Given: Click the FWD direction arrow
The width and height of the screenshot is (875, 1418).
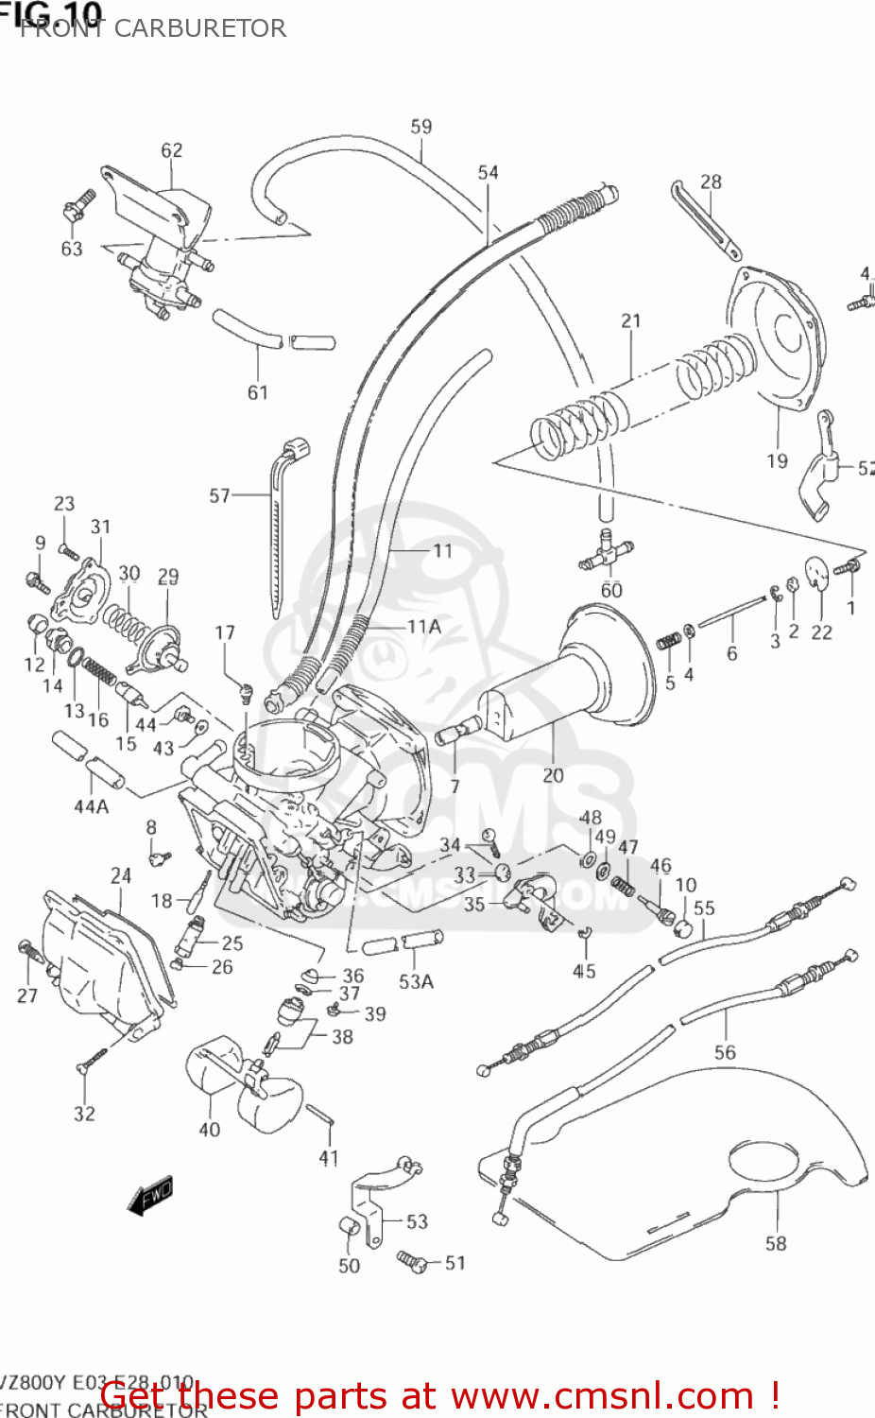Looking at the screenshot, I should [x=150, y=1195].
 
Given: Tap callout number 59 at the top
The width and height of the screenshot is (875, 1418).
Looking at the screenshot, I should [x=421, y=127].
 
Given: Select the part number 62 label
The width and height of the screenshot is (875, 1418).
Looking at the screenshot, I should [x=171, y=150].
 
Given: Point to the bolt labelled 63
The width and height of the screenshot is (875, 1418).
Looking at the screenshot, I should [x=77, y=205].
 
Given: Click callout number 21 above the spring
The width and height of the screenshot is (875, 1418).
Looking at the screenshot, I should [x=631, y=321].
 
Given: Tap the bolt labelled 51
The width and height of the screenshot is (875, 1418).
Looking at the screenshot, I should [x=413, y=1260].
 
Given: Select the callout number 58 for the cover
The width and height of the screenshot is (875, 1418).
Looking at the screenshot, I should [x=776, y=1243].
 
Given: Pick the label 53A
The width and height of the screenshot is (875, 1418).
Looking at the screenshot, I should [x=416, y=982].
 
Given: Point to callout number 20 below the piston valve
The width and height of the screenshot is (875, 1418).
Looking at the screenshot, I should [x=553, y=775].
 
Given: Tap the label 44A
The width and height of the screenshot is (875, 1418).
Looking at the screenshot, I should [x=92, y=806].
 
